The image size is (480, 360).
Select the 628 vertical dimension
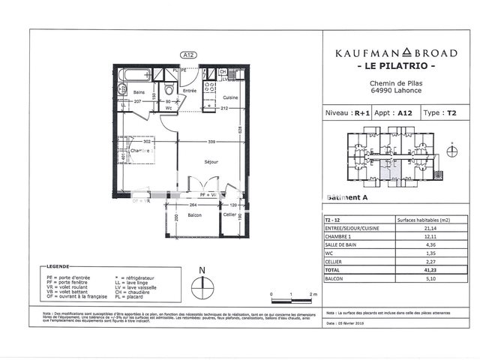240,131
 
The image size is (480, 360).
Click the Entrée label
190,91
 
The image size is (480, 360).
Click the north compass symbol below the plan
201,283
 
